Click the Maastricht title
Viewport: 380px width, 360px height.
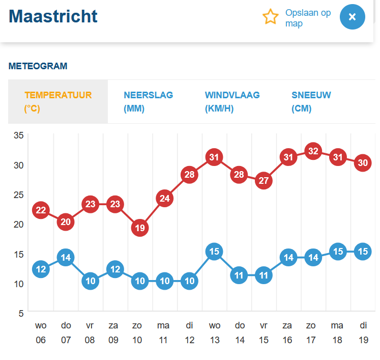pos(53,16)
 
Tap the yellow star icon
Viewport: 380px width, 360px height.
pos(271,17)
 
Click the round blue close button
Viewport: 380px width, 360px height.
pos(353,17)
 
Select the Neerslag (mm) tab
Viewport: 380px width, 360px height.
pos(148,101)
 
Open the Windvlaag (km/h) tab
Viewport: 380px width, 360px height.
pos(232,101)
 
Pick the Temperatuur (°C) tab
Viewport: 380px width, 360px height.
pos(58,101)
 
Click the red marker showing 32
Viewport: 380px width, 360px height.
pos(313,151)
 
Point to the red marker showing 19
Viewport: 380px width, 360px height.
pos(140,228)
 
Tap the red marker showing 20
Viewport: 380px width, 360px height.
pos(66,221)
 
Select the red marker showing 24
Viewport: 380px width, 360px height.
pos(164,199)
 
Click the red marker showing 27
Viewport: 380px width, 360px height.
pos(264,181)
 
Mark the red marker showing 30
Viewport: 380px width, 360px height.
pos(363,163)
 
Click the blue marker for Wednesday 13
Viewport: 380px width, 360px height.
pos(214,252)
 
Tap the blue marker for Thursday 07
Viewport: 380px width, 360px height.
pos(66,257)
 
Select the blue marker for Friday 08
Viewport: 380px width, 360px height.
pos(91,281)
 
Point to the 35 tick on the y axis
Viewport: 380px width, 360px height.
pos(18,135)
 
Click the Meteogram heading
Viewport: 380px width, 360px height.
pos(38,66)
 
